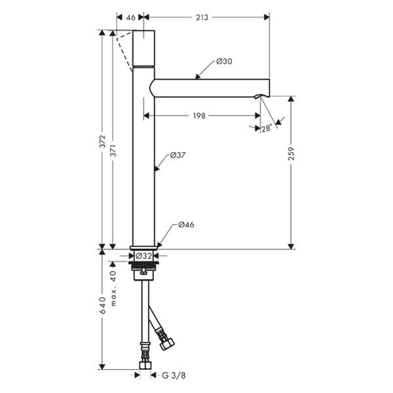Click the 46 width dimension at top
point(130,18)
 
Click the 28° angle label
point(266,129)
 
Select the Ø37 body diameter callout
point(179,155)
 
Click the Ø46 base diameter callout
point(185,225)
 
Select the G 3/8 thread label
point(174,375)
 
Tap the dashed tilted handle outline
point(123,50)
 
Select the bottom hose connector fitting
point(143,359)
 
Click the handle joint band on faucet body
point(143,67)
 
